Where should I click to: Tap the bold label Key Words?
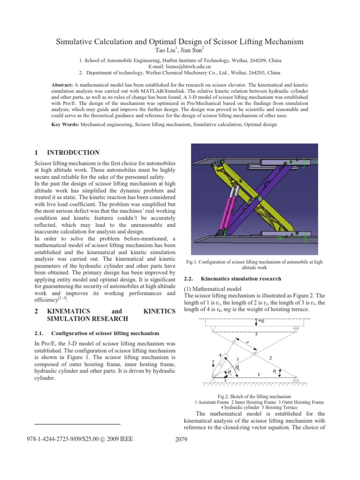pyautogui.click(x=65, y=125)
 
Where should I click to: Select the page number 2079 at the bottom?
pyautogui.click(x=180, y=439)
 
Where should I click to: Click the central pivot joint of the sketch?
pyautogui.click(x=254, y=355)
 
